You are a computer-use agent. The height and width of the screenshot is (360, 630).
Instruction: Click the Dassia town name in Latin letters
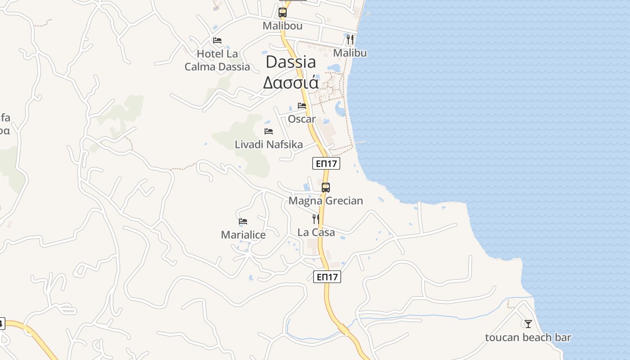[x=291, y=62]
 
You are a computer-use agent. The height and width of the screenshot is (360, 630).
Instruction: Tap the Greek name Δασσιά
[x=291, y=83]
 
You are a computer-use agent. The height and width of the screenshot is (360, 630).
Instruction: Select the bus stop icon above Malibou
[x=283, y=13]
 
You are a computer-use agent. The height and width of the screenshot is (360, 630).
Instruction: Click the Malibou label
[x=283, y=26]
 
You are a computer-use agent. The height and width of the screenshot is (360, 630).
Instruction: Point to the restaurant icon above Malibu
[x=350, y=40]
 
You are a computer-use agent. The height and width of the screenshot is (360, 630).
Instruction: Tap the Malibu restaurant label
[x=350, y=53]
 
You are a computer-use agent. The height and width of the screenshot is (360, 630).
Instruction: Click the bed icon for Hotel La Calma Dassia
[x=217, y=40]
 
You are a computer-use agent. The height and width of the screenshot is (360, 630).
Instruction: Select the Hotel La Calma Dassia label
[x=217, y=60]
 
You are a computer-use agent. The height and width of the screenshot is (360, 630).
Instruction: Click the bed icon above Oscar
[x=302, y=106]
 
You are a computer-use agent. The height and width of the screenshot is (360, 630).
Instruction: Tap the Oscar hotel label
[x=301, y=119]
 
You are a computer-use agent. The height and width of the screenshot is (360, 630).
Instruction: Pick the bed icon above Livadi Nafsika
[x=269, y=131]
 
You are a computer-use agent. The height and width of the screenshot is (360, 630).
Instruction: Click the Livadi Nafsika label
[x=269, y=144]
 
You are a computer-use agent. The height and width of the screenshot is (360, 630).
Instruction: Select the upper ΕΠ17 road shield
[x=326, y=164]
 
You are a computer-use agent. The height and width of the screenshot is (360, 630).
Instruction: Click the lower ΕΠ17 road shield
[x=327, y=277]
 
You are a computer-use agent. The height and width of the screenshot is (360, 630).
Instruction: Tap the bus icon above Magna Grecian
[x=326, y=188]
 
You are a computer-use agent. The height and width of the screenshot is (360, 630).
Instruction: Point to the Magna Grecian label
[x=326, y=201]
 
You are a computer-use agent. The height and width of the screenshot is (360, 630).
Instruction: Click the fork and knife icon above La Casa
[x=316, y=219]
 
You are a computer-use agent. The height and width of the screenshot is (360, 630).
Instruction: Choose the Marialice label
[x=243, y=235]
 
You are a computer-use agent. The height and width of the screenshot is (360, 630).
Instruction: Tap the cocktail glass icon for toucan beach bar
[x=528, y=324]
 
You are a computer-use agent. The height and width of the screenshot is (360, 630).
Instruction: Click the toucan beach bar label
[x=528, y=337]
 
